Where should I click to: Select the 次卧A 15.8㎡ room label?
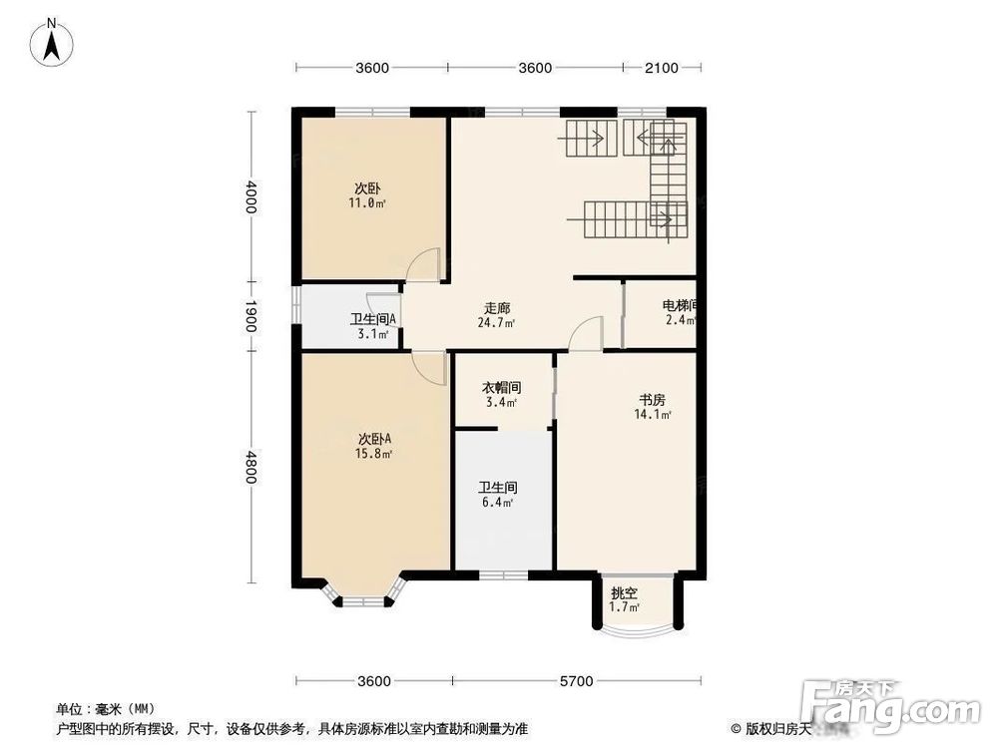[x=374, y=446]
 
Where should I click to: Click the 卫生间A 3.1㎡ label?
[x=371, y=326]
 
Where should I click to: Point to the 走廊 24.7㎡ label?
[x=496, y=315]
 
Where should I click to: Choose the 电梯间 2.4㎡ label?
[x=679, y=312]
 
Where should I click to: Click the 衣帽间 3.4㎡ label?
[x=502, y=395]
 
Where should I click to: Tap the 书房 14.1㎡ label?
[x=652, y=407]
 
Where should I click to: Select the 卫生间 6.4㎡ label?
[x=496, y=495]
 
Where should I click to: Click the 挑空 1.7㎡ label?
[x=624, y=599]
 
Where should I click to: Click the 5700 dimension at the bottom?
[x=576, y=681]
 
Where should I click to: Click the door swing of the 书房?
[x=588, y=334]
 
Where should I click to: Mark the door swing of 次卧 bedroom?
[x=426, y=264]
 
